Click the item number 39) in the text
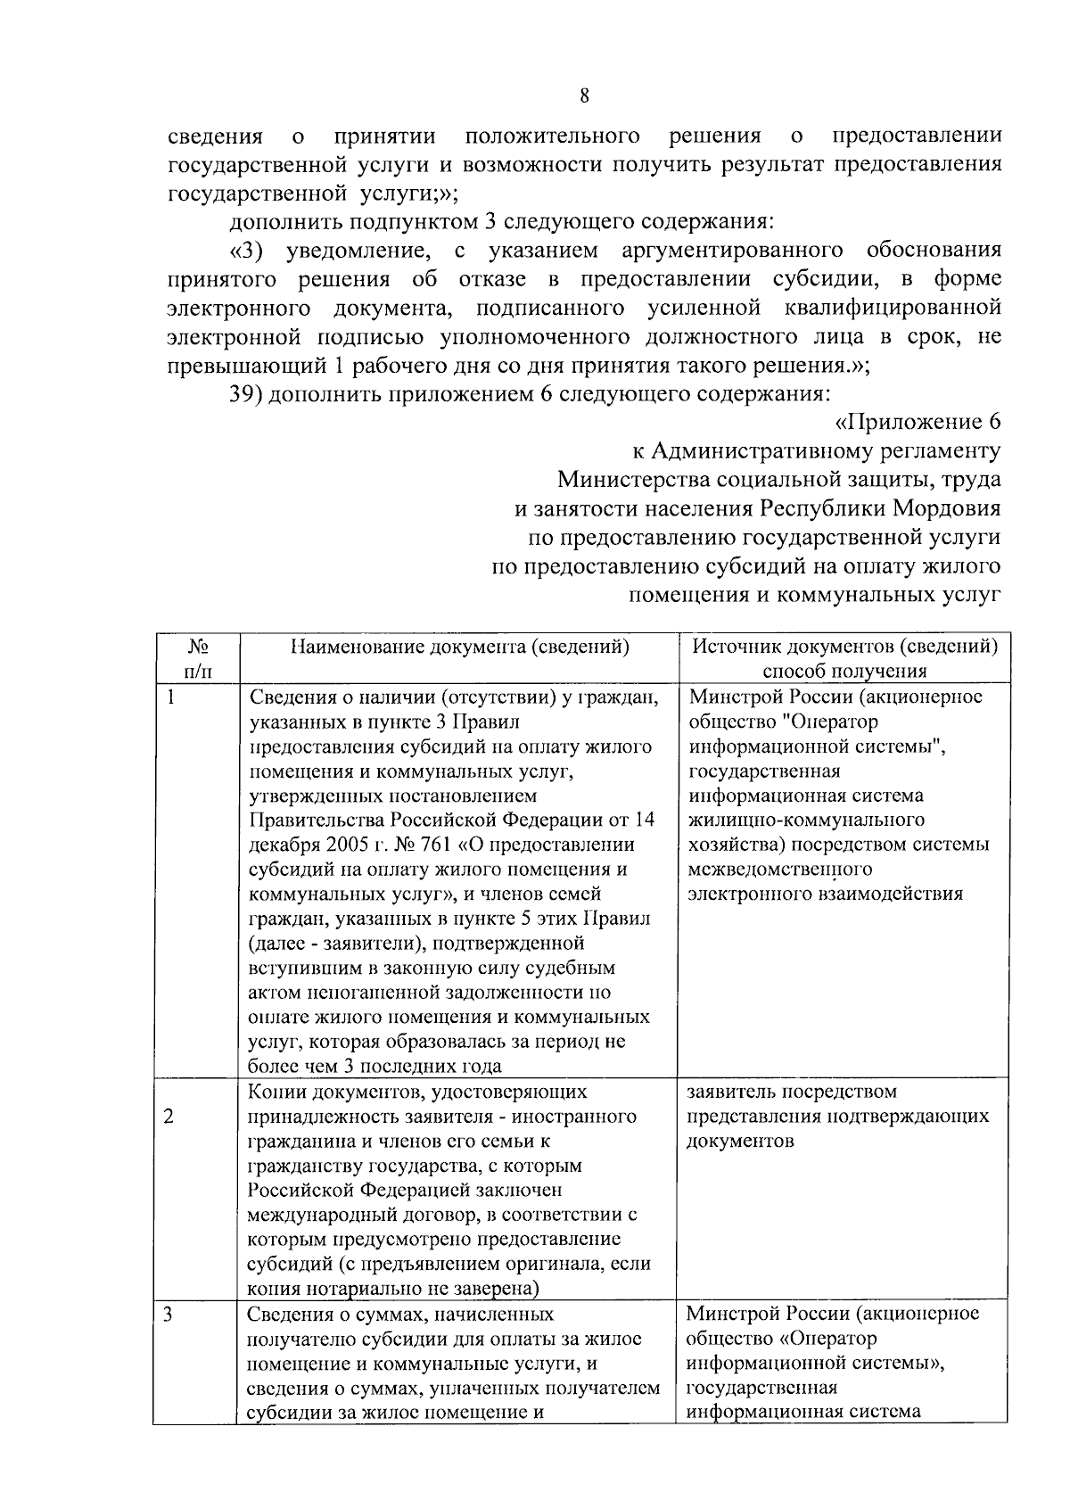(245, 394)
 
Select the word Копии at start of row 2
(275, 1092)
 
